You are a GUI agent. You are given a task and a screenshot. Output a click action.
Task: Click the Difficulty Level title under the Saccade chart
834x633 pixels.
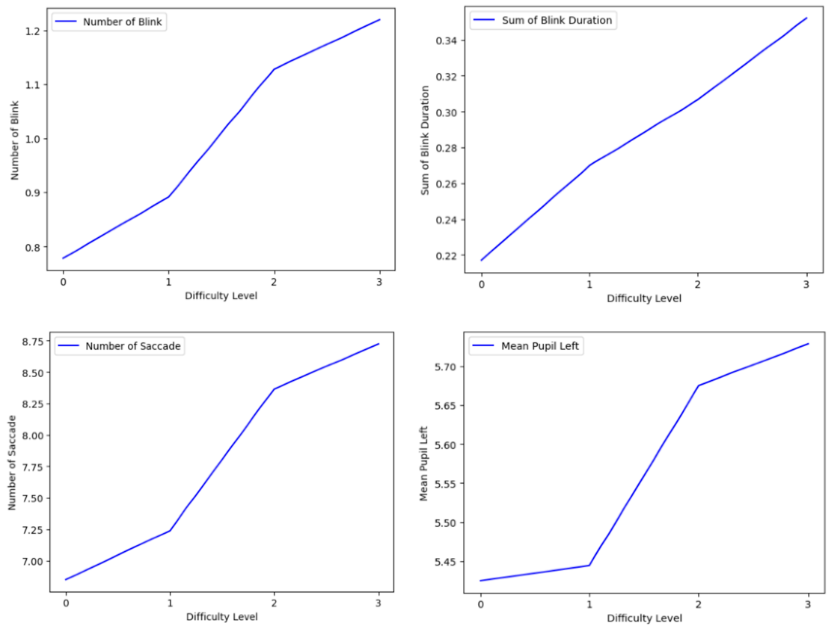(x=222, y=617)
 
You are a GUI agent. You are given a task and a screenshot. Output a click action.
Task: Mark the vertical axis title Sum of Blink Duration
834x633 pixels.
(x=425, y=140)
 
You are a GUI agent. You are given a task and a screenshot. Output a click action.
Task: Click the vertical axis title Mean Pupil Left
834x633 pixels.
(x=424, y=464)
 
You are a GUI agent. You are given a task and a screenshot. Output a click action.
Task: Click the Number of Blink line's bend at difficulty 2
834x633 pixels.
(x=274, y=69)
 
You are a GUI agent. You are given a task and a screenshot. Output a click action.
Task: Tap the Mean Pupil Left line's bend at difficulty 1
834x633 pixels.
(x=589, y=565)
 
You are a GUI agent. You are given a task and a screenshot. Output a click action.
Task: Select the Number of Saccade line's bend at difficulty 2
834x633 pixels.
(x=274, y=389)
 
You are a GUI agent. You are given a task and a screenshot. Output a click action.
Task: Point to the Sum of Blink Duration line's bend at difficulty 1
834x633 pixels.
(x=589, y=166)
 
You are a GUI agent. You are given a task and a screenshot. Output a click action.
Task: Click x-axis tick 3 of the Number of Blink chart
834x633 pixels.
(x=379, y=282)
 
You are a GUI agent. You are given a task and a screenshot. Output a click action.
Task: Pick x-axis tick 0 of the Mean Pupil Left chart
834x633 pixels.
(x=480, y=604)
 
